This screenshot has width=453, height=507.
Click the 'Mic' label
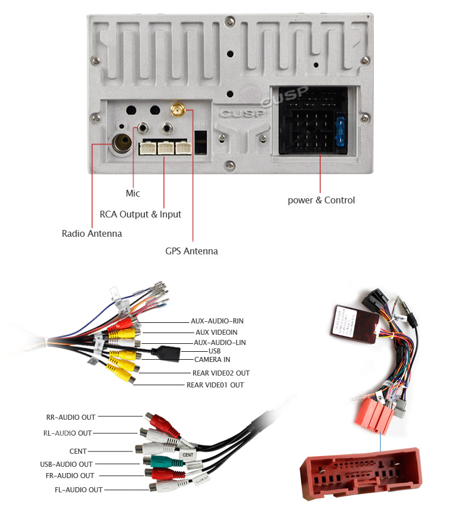pos(133,194)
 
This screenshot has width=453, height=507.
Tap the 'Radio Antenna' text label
pos(92,233)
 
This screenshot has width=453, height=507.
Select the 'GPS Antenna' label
pos(191,251)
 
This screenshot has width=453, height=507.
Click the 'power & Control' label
pos(321,200)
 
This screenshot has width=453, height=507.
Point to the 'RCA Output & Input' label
pos(140,214)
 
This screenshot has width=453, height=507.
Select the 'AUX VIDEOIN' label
pos(216,332)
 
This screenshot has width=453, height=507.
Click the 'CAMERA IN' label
pos(212,360)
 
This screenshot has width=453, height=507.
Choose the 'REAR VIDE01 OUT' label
pos(215,385)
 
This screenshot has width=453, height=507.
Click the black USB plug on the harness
pos(168,353)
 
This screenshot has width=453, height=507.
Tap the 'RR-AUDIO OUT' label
pos(71,417)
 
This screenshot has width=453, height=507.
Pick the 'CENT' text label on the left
pos(78,451)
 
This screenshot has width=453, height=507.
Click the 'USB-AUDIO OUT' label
pos(66,464)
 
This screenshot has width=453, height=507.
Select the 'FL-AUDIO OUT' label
pos(71,489)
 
